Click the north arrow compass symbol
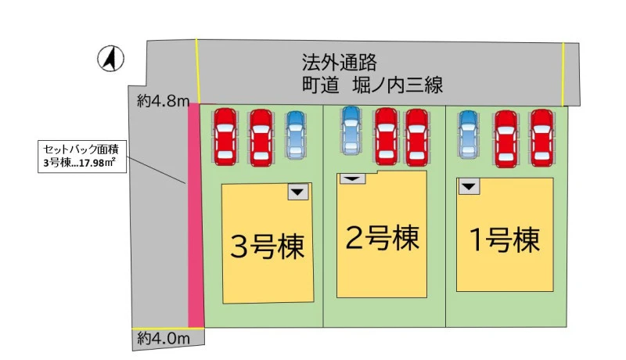pyautogui.click(x=110, y=59)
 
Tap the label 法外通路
pyautogui.click(x=339, y=63)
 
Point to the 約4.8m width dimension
pyautogui.click(x=163, y=101)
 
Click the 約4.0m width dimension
pyautogui.click(x=164, y=339)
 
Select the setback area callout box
pyautogui.click(x=82, y=156)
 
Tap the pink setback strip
pyautogui.click(x=196, y=215)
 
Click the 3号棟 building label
pyautogui.click(x=268, y=247)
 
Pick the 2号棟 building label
pyautogui.click(x=382, y=238)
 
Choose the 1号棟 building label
pyautogui.click(x=505, y=239)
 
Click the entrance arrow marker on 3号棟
pyautogui.click(x=298, y=192)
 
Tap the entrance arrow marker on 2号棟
pyautogui.click(x=352, y=178)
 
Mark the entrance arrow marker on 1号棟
pyautogui.click(x=469, y=186)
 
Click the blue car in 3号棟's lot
pyautogui.click(x=296, y=134)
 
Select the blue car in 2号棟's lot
pyautogui.click(x=351, y=130)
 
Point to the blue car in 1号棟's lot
pyautogui.click(x=469, y=134)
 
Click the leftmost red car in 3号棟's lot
pyautogui.click(x=225, y=136)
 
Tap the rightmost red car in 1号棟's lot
pyautogui.click(x=541, y=138)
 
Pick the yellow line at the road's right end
pyautogui.click(x=563, y=74)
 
